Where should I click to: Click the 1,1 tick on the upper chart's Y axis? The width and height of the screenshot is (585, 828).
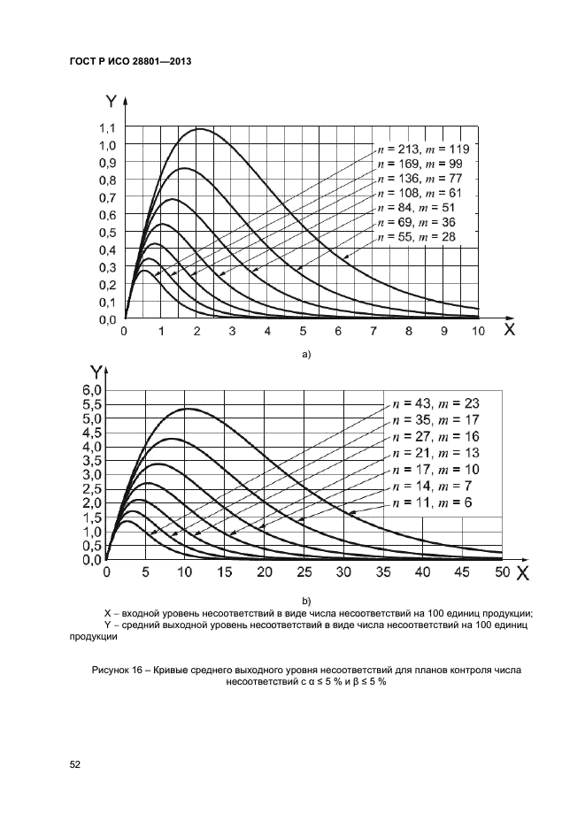pos(107,127)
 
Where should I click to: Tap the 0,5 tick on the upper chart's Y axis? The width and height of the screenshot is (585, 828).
pos(107,233)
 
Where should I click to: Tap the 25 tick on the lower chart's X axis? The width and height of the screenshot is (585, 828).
pos(304,572)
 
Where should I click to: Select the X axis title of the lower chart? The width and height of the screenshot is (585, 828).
pos(522,572)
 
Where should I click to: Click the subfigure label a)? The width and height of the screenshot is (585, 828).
pos(306,354)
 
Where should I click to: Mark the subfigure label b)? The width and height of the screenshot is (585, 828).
pos(306,601)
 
